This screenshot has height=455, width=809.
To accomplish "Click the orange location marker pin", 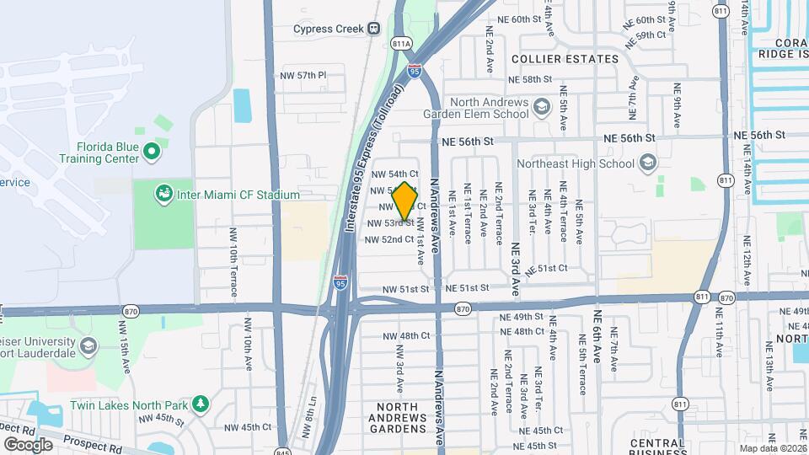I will click(405, 201).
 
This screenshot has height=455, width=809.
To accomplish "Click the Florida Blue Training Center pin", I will click(152, 152).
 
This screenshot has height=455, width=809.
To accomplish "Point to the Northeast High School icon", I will click(648, 163).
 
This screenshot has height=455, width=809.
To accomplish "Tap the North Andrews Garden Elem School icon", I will click(541, 107).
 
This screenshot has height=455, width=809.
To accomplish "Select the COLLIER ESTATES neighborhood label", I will click(565, 59).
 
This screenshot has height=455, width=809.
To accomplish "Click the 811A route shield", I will click(401, 43).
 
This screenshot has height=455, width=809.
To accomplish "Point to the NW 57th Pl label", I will click(304, 75).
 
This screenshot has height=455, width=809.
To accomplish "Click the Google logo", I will click(28, 444).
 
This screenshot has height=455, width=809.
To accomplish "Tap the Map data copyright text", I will click(772, 448).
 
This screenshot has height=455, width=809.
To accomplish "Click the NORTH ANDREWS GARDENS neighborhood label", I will click(399, 417).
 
